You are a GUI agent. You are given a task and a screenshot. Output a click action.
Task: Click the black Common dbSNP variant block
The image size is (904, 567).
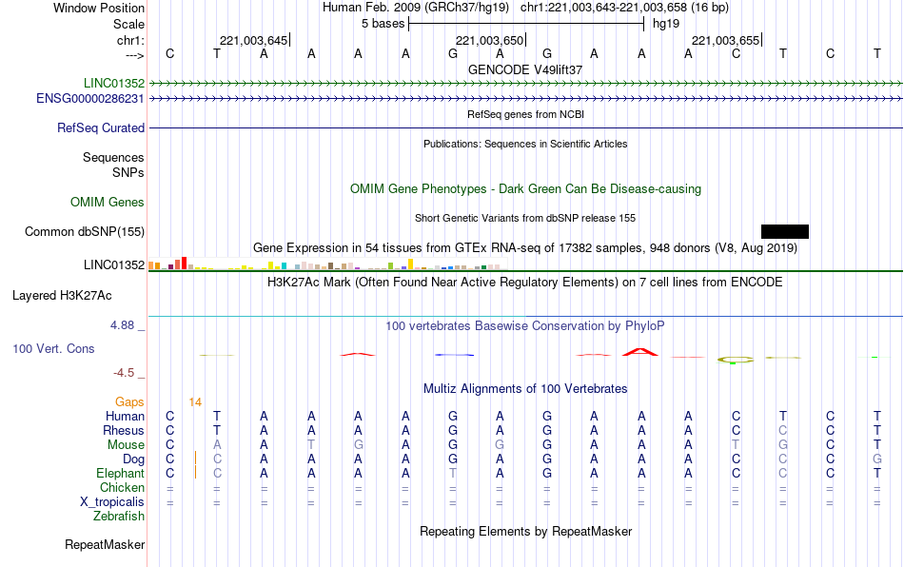pos(785,231)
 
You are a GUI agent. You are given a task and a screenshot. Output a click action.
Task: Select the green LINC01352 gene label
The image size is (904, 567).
pos(114,83)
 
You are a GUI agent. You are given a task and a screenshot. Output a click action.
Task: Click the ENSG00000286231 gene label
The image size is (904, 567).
pos(90,99)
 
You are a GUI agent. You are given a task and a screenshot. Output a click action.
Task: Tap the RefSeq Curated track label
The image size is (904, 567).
pos(101,127)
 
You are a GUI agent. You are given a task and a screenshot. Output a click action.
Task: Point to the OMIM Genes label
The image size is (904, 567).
pos(108,203)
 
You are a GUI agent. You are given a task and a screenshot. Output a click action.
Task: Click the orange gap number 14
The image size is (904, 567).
pos(195,402)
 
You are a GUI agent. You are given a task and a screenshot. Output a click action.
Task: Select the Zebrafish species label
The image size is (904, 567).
pos(119,517)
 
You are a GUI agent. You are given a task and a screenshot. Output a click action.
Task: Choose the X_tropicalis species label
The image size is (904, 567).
pos(112,502)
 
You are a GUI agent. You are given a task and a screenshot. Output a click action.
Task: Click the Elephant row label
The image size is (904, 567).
pos(121,474)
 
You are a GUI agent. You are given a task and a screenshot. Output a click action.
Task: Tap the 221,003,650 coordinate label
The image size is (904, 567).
pos(489,40)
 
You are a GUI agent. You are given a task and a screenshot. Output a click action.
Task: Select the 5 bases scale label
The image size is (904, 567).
pos(383,24)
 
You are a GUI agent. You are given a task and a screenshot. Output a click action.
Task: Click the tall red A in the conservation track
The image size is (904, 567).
pos(640,351)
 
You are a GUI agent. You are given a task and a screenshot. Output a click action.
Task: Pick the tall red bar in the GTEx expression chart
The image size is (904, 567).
pos(184,264)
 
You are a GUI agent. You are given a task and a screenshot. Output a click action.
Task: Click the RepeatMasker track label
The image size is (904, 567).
pos(105,544)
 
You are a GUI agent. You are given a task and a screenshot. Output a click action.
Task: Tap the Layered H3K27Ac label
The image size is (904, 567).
pos(62,296)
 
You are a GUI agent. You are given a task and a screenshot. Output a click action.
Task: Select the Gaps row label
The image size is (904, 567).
pos(129,402)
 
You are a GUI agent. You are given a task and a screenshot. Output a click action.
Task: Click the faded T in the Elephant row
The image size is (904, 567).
pos(453,474)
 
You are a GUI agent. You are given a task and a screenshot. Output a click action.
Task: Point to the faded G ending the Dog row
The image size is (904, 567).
pos(877,459)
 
